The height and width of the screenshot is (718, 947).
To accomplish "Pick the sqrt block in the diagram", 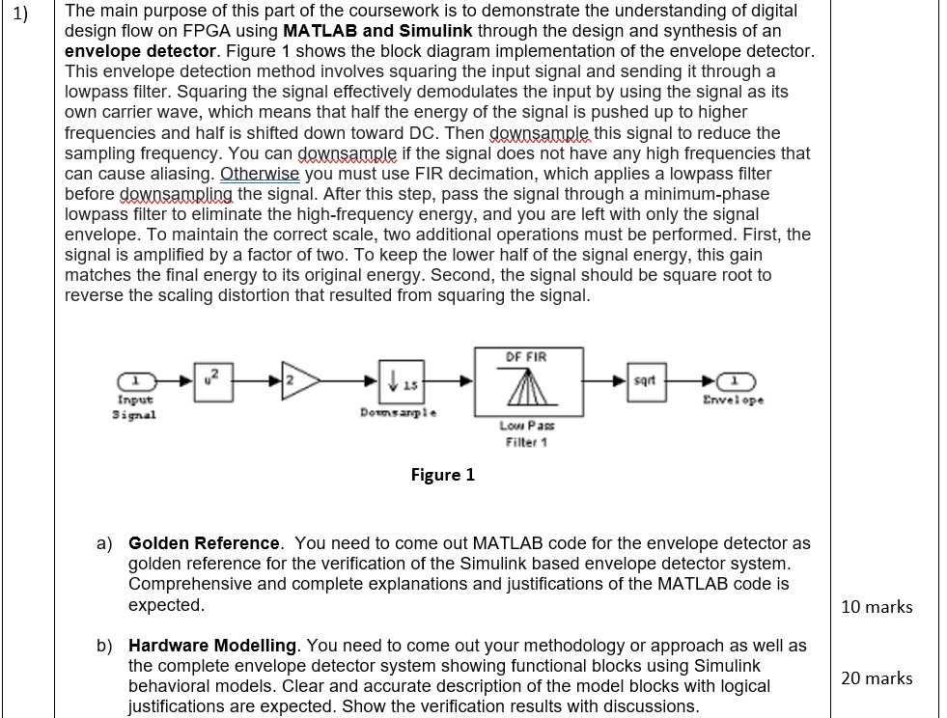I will click(646, 379).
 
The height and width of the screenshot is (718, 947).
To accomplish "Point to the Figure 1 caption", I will click(442, 475).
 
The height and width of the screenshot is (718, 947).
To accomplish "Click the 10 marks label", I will click(877, 607).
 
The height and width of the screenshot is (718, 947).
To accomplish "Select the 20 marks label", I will click(877, 678).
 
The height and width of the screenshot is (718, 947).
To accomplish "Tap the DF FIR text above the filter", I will click(525, 356).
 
